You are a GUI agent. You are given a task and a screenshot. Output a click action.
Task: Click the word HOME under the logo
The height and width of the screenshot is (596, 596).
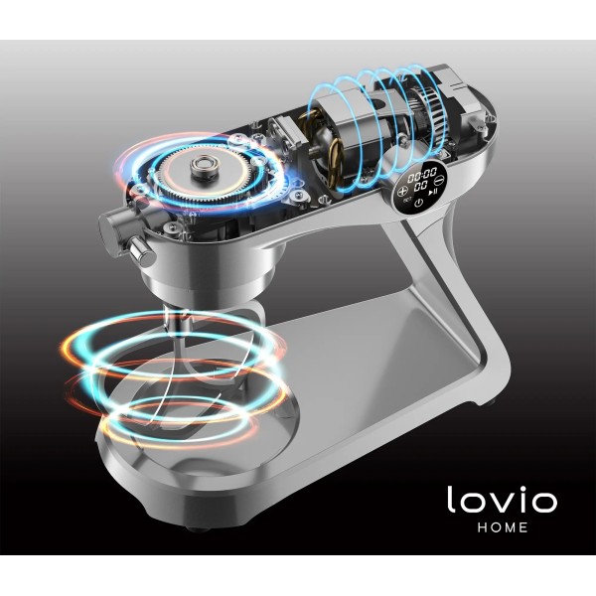pos(503,527)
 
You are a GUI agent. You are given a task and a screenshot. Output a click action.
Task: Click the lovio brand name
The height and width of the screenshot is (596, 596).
pos(502,499)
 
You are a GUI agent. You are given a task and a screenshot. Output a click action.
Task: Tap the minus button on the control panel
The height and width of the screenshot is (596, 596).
pos(440,178)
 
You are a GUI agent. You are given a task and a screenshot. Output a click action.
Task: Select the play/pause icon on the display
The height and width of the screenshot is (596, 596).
pos(433,192)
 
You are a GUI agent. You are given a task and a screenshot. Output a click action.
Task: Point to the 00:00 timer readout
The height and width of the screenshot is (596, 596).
pos(422,175)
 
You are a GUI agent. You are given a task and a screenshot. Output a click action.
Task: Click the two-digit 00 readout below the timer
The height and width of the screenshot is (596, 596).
pos(420,187)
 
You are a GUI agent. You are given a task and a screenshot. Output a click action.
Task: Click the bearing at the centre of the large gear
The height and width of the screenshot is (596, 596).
pos(205,166)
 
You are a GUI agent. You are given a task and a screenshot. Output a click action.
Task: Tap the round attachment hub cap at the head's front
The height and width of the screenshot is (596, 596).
pos(108,231)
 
